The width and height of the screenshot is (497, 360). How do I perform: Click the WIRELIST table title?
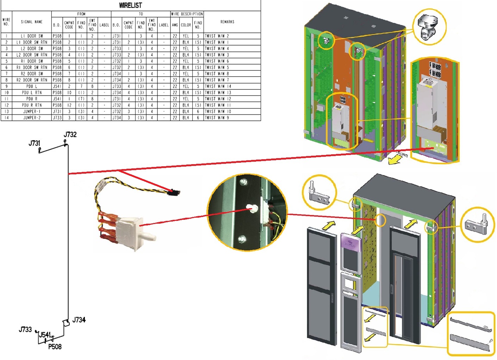[x=130, y=5]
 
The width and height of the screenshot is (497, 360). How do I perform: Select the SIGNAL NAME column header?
[x=32, y=22]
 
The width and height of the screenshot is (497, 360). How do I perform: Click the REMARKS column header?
[x=227, y=22]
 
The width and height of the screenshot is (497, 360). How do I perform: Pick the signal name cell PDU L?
[x=32, y=86]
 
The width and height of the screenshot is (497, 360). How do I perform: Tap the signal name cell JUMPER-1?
[x=32, y=112]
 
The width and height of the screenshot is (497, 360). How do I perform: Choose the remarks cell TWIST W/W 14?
[x=218, y=86]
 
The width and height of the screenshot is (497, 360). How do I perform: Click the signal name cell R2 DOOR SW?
[x=32, y=74]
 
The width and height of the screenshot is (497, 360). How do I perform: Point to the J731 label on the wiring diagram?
[x=35, y=143]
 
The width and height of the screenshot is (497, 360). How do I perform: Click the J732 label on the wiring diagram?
[x=70, y=135]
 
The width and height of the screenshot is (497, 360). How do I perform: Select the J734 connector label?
[x=79, y=320]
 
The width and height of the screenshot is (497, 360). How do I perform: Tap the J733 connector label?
[x=25, y=329]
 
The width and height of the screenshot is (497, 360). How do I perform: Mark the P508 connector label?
[x=55, y=347]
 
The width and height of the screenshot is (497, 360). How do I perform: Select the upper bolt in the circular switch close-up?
[x=243, y=182]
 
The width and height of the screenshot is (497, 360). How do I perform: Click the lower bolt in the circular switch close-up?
[x=242, y=240]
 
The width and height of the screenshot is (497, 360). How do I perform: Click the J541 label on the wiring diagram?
[x=45, y=335]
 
